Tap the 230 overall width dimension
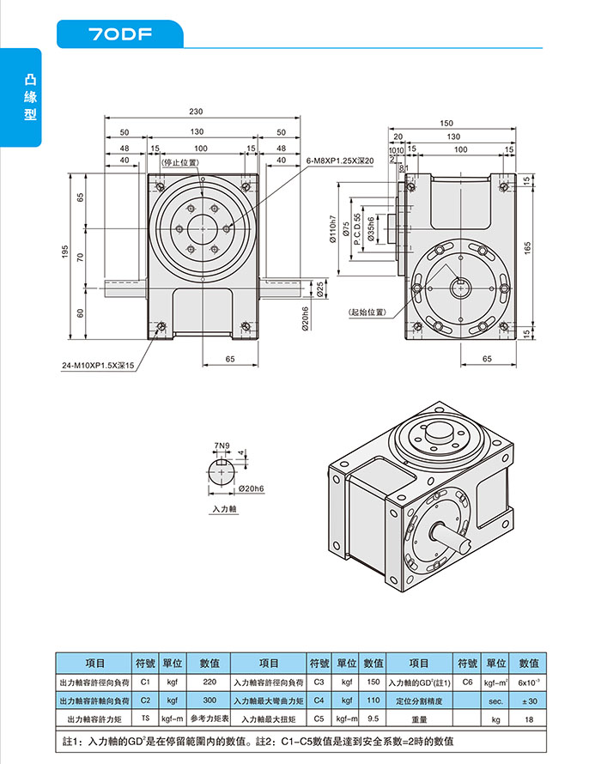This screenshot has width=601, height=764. pyautogui.click(x=197, y=112)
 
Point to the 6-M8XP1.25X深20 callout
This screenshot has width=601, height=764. pyautogui.click(x=340, y=161)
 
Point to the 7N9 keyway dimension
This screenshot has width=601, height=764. pyautogui.click(x=222, y=446)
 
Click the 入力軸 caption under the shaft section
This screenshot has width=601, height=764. pyautogui.click(x=223, y=509)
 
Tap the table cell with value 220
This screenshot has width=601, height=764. pyautogui.click(x=209, y=682)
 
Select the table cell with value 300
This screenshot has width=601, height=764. pyautogui.click(x=209, y=700)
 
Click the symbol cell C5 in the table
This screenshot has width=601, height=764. pyautogui.click(x=319, y=719)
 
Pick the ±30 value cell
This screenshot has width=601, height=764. pyautogui.click(x=528, y=700)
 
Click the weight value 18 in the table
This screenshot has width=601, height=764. pyautogui.click(x=528, y=719)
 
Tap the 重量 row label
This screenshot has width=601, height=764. pyautogui.click(x=419, y=719)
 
